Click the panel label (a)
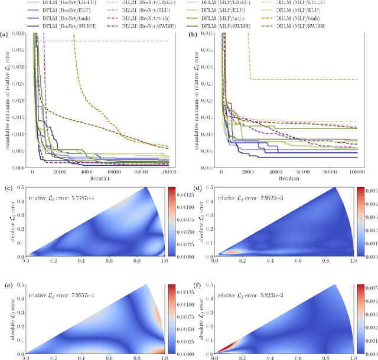click(5, 37)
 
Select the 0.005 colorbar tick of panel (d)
click(370, 191)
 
